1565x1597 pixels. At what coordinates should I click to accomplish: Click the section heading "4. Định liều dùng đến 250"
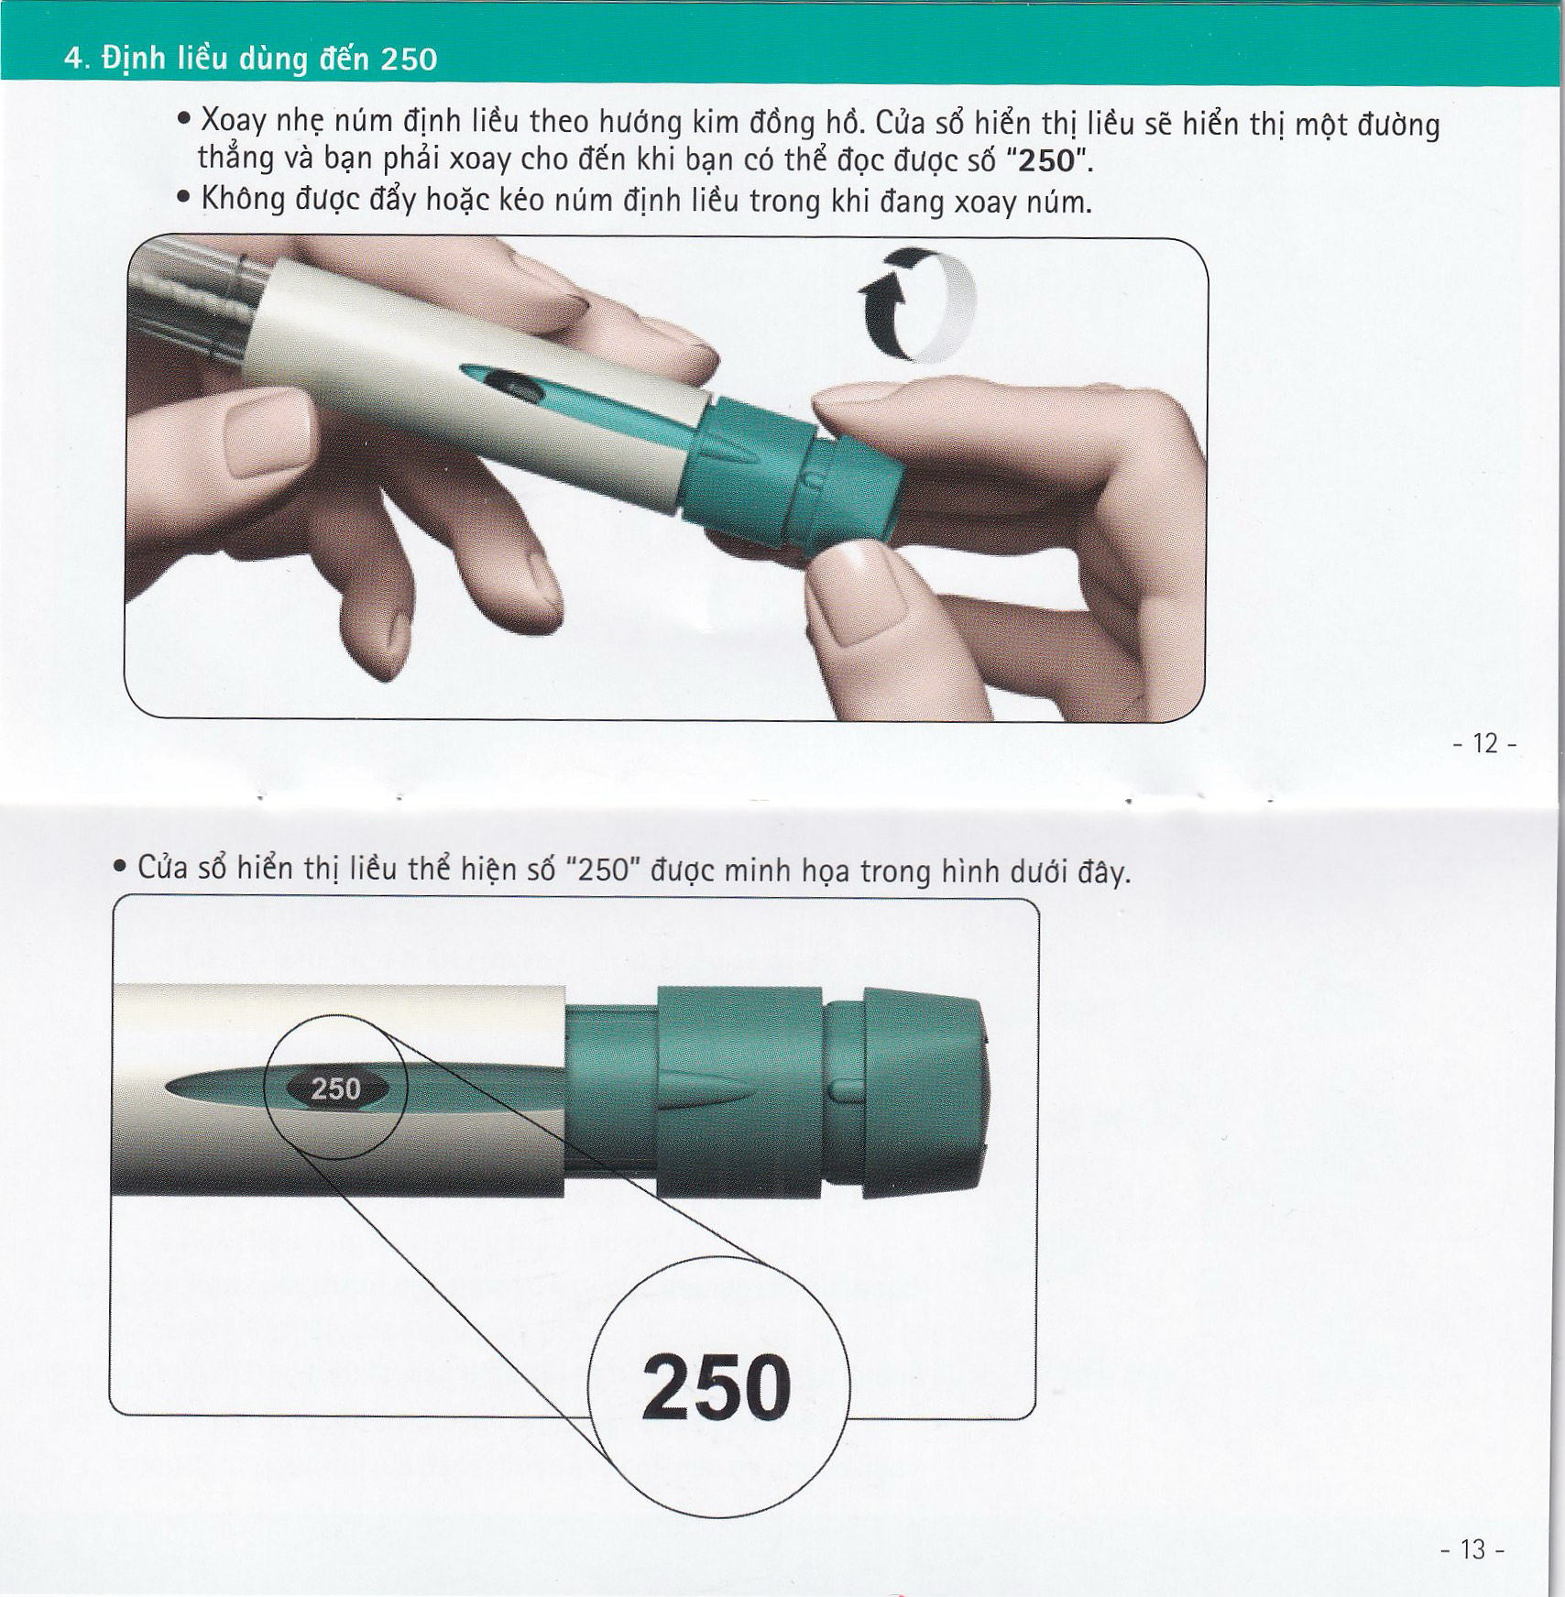tap(251, 59)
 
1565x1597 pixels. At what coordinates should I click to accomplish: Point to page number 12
tap(1484, 743)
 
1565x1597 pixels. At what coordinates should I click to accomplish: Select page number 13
tap(1472, 1549)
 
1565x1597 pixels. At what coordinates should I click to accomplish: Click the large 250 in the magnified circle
tap(717, 1386)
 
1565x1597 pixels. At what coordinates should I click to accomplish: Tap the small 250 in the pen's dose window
tap(336, 1088)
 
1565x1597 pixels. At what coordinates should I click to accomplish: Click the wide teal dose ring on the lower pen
tap(740, 1090)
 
